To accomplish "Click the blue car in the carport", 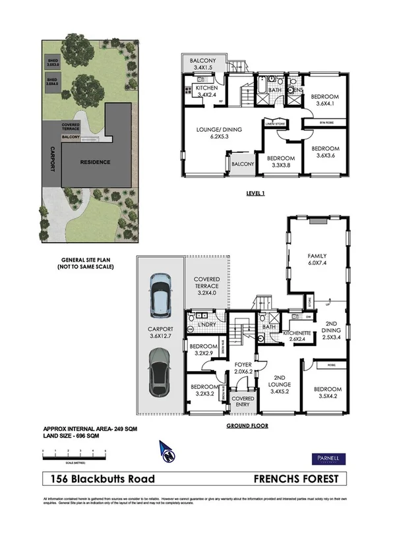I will pyautogui.click(x=160, y=295).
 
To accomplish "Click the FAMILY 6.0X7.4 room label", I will pyautogui.click(x=318, y=259).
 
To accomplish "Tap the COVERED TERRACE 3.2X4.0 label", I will pyautogui.click(x=206, y=287).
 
